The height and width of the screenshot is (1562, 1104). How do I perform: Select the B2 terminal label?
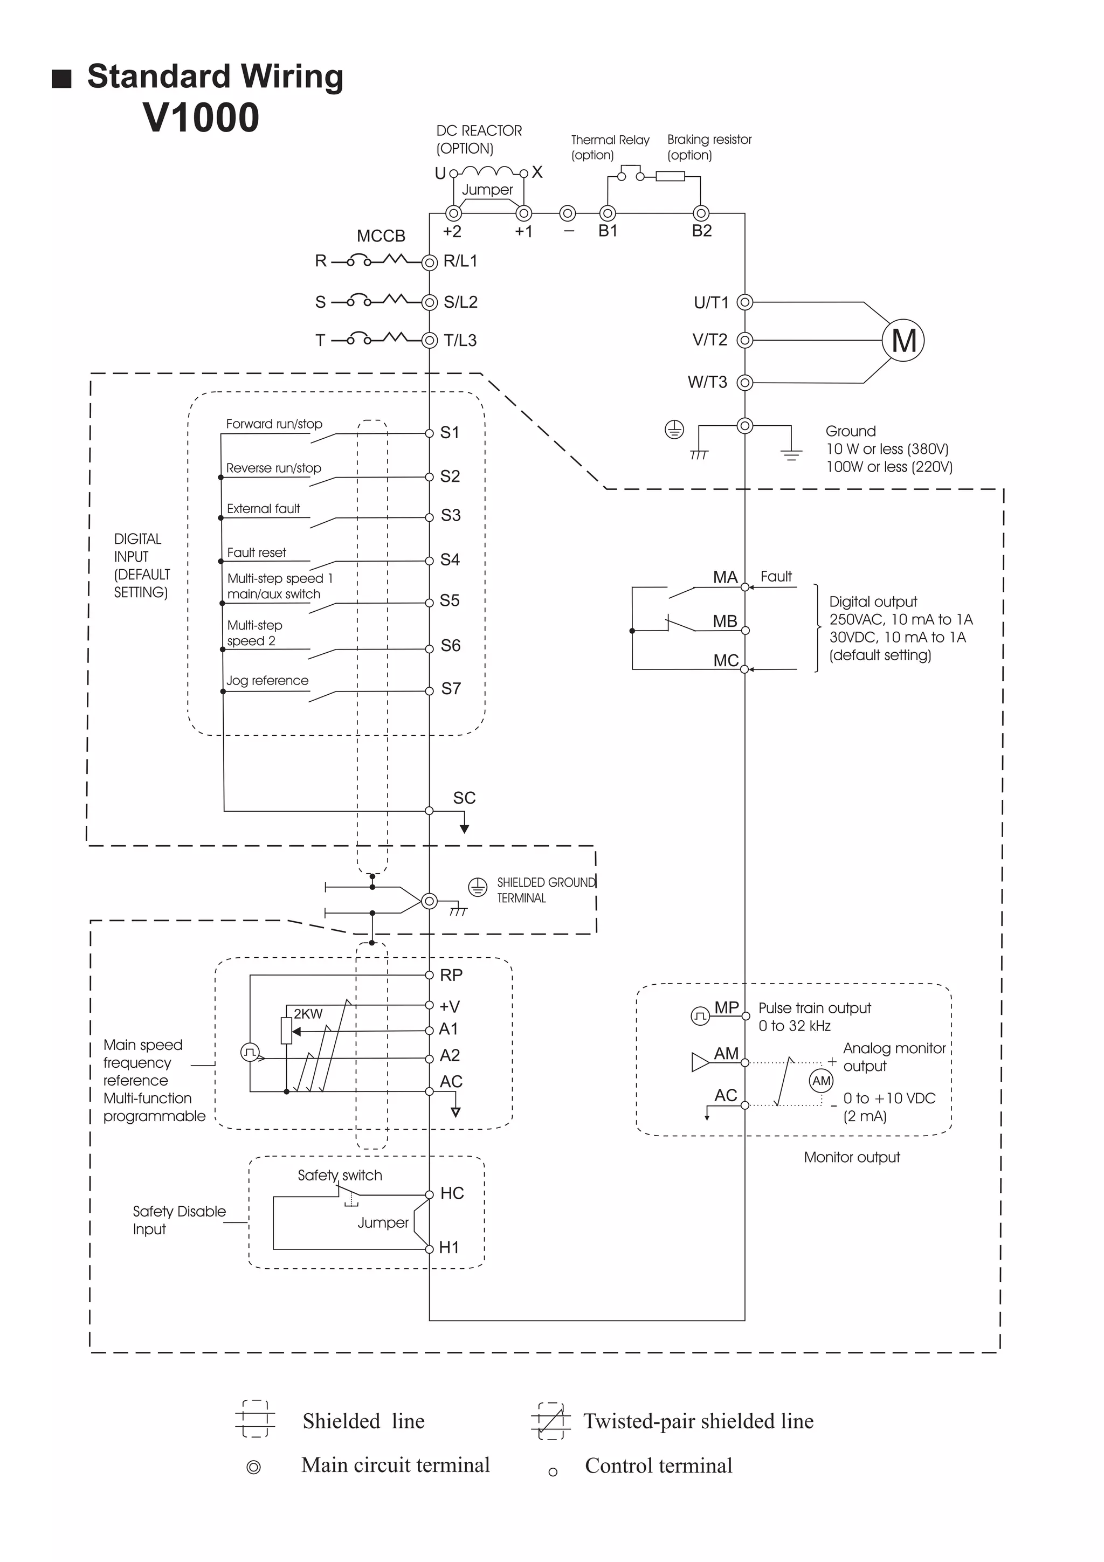coord(701,231)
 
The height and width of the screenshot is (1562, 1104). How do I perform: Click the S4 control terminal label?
coord(450,560)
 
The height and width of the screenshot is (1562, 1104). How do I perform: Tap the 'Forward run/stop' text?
coord(274,424)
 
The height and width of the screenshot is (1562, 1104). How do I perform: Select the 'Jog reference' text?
coord(267,680)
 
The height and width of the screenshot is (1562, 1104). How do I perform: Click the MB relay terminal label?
coord(724,621)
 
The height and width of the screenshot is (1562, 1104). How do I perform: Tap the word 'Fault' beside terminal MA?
coord(776,577)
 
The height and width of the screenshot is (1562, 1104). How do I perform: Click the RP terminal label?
coord(451,976)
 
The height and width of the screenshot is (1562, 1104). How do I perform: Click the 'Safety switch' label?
coord(340,1176)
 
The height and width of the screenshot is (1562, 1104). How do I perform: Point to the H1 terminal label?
coord(449,1248)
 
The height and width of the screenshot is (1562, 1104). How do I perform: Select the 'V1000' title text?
coord(202,117)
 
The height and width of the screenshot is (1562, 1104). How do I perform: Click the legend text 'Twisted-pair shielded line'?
coord(698,1421)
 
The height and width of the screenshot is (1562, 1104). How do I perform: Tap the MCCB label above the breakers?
coord(381,236)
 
